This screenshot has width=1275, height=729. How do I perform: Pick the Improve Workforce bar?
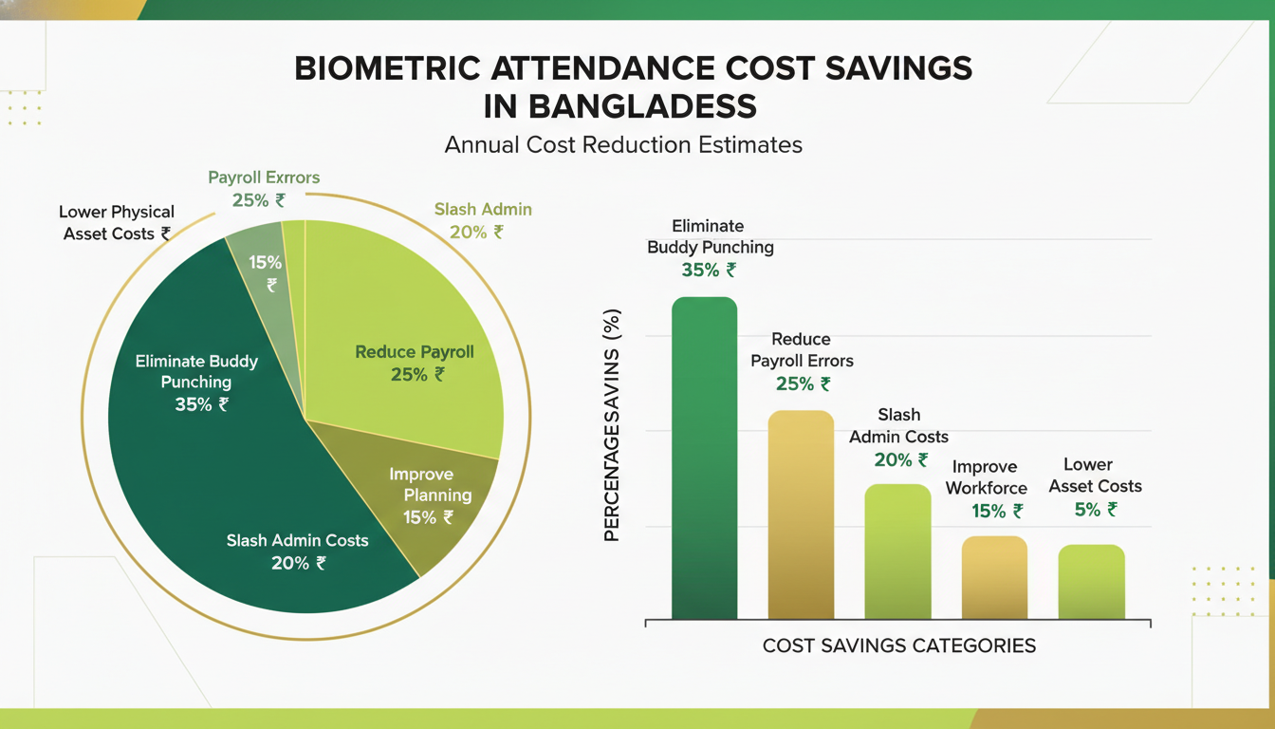[994, 578]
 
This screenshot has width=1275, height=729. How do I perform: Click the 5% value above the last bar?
[1096, 510]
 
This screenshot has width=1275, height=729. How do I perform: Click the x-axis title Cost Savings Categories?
[898, 646]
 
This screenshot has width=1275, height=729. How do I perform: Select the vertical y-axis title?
[612, 425]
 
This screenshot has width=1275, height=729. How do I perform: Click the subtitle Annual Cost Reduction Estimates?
[623, 145]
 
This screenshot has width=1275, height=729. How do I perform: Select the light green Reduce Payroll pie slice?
[408, 313]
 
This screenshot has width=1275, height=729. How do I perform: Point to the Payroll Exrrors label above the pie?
[264, 178]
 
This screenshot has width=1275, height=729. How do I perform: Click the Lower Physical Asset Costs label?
[116, 222]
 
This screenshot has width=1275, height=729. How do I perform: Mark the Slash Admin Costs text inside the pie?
[297, 540]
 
